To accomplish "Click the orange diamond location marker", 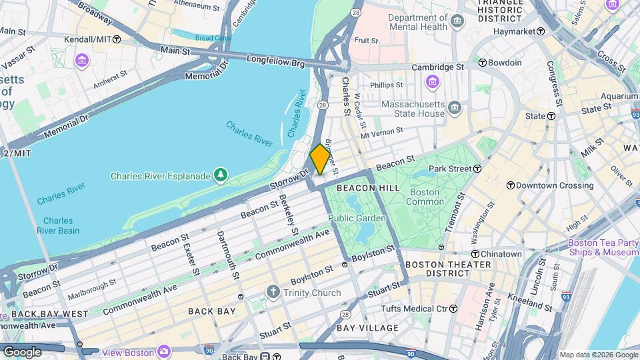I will click(x=320, y=159).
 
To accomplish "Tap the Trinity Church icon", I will click(x=272, y=293).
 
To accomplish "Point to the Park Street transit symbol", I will click(x=477, y=169).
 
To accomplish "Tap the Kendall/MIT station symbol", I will click(x=117, y=39).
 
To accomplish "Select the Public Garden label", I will click(x=357, y=218).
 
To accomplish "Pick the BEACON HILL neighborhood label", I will click(x=368, y=189).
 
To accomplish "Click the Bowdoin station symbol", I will click(x=482, y=63).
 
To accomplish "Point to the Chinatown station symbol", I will click(x=475, y=254).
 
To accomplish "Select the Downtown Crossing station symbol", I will click(x=511, y=185).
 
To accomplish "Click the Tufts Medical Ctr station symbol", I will click(x=453, y=309).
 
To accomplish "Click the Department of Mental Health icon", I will click(x=457, y=21).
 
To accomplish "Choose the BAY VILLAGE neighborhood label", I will click(x=367, y=328).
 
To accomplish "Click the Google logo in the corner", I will click(x=22, y=351).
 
